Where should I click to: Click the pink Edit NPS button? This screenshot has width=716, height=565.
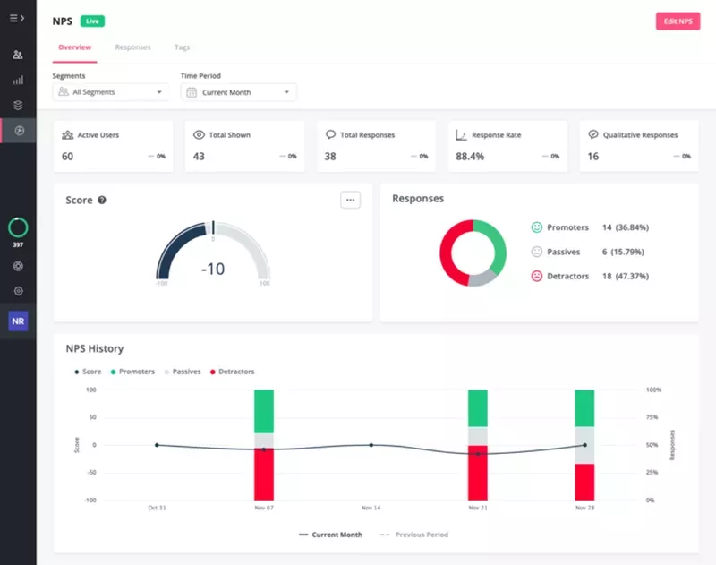(x=678, y=21)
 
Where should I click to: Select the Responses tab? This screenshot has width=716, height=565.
(x=132, y=47)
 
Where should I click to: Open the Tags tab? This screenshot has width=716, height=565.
(x=182, y=47)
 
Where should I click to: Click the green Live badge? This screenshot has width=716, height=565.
(x=91, y=21)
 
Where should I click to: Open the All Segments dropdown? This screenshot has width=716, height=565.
(x=110, y=92)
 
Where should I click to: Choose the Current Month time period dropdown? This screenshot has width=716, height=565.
(x=238, y=92)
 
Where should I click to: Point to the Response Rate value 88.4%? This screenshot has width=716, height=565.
(x=470, y=157)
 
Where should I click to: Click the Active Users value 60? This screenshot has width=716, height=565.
(x=67, y=157)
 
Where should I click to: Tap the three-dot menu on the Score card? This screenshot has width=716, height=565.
(x=350, y=200)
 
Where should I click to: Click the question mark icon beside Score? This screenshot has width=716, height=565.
(x=102, y=201)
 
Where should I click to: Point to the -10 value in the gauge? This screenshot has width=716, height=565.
(x=213, y=269)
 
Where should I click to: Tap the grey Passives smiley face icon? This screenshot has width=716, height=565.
(x=537, y=252)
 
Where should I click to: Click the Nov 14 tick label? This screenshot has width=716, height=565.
(x=371, y=508)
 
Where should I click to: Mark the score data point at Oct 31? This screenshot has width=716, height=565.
(x=157, y=445)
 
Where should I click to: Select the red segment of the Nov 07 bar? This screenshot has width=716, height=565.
(x=264, y=475)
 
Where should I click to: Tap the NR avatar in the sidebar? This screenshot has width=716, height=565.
(x=18, y=321)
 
